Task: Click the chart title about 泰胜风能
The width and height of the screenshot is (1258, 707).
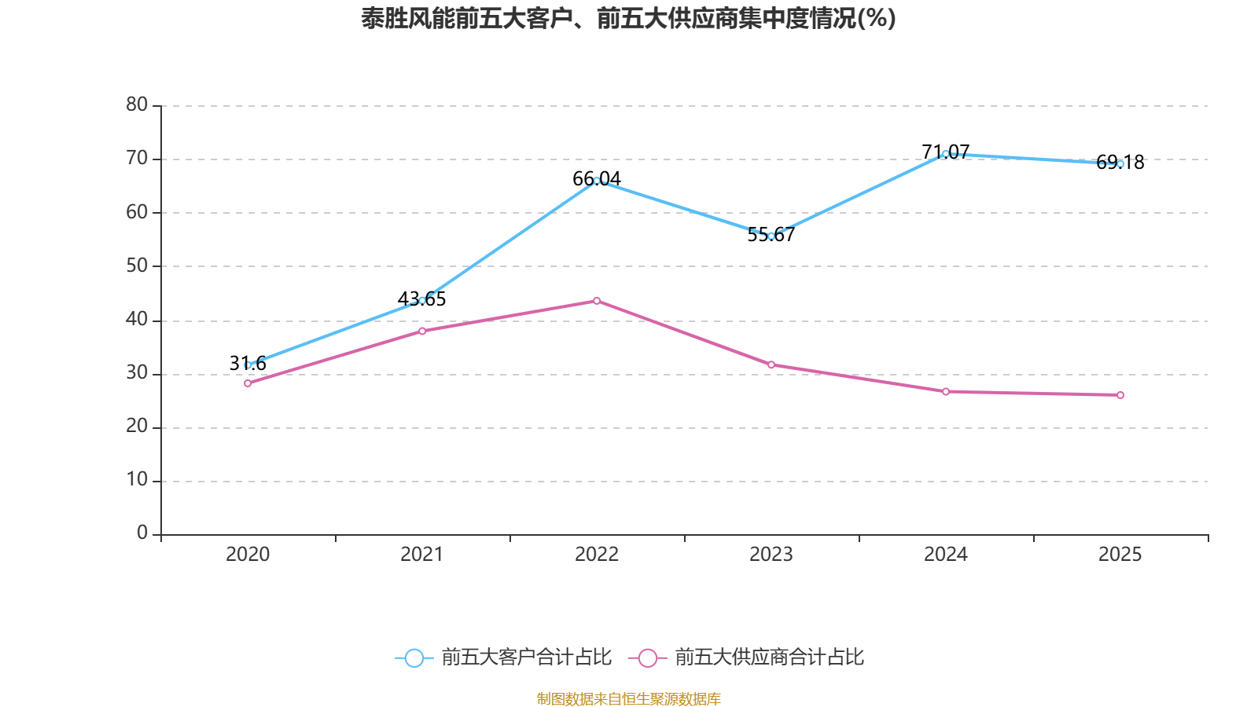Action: pos(628,19)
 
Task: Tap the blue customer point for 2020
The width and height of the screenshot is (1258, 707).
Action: pos(248,365)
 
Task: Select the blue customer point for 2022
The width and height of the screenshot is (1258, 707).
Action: pos(597,181)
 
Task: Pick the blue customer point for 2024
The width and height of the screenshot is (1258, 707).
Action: pos(945,154)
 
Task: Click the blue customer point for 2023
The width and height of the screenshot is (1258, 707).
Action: pos(771,236)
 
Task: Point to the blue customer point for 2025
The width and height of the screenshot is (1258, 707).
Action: pos(1120,164)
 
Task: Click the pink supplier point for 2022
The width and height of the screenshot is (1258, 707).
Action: pos(597,301)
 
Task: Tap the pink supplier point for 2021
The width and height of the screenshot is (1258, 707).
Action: pos(422,331)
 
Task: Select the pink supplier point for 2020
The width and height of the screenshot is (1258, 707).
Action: pos(248,383)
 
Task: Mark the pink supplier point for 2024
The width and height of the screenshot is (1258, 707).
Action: pos(946,391)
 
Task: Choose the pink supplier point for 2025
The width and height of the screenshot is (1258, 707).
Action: pos(1120,395)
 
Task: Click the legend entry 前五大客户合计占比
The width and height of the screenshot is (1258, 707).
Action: pos(503,658)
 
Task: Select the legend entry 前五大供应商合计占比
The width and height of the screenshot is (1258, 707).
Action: pos(747,658)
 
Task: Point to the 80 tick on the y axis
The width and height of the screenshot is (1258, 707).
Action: pos(137,104)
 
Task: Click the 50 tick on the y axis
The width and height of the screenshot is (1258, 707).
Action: pos(137,266)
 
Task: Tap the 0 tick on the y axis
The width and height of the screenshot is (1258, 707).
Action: pos(142,533)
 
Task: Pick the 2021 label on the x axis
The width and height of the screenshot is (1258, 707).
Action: pos(422,555)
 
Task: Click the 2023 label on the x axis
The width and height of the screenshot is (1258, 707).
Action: pos(771,555)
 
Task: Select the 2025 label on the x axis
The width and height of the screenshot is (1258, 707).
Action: pos(1120,555)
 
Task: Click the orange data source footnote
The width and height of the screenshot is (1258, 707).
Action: pos(628,698)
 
